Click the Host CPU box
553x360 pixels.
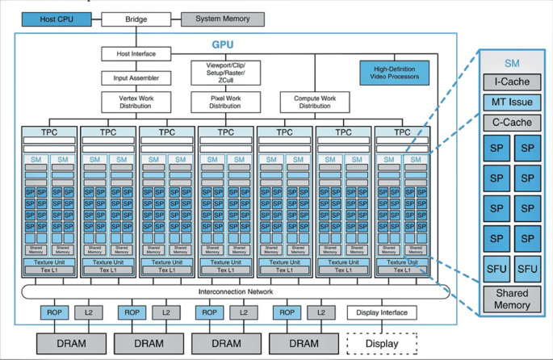(x=56, y=19)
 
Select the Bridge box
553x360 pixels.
(x=136, y=19)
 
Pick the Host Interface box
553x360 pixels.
(x=136, y=54)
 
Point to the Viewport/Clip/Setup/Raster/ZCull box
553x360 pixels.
(x=225, y=73)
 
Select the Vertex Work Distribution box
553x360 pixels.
(x=136, y=102)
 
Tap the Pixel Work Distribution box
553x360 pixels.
(x=225, y=102)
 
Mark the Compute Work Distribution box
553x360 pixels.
(x=315, y=102)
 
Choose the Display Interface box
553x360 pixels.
(x=382, y=312)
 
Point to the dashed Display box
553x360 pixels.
(x=382, y=343)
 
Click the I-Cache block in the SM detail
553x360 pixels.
(x=511, y=82)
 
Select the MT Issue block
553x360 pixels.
(x=511, y=103)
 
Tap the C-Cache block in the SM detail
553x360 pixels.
(x=511, y=123)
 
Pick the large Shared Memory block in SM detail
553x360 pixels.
(x=511, y=299)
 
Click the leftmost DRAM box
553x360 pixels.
(x=71, y=343)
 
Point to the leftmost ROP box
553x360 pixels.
(x=54, y=312)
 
